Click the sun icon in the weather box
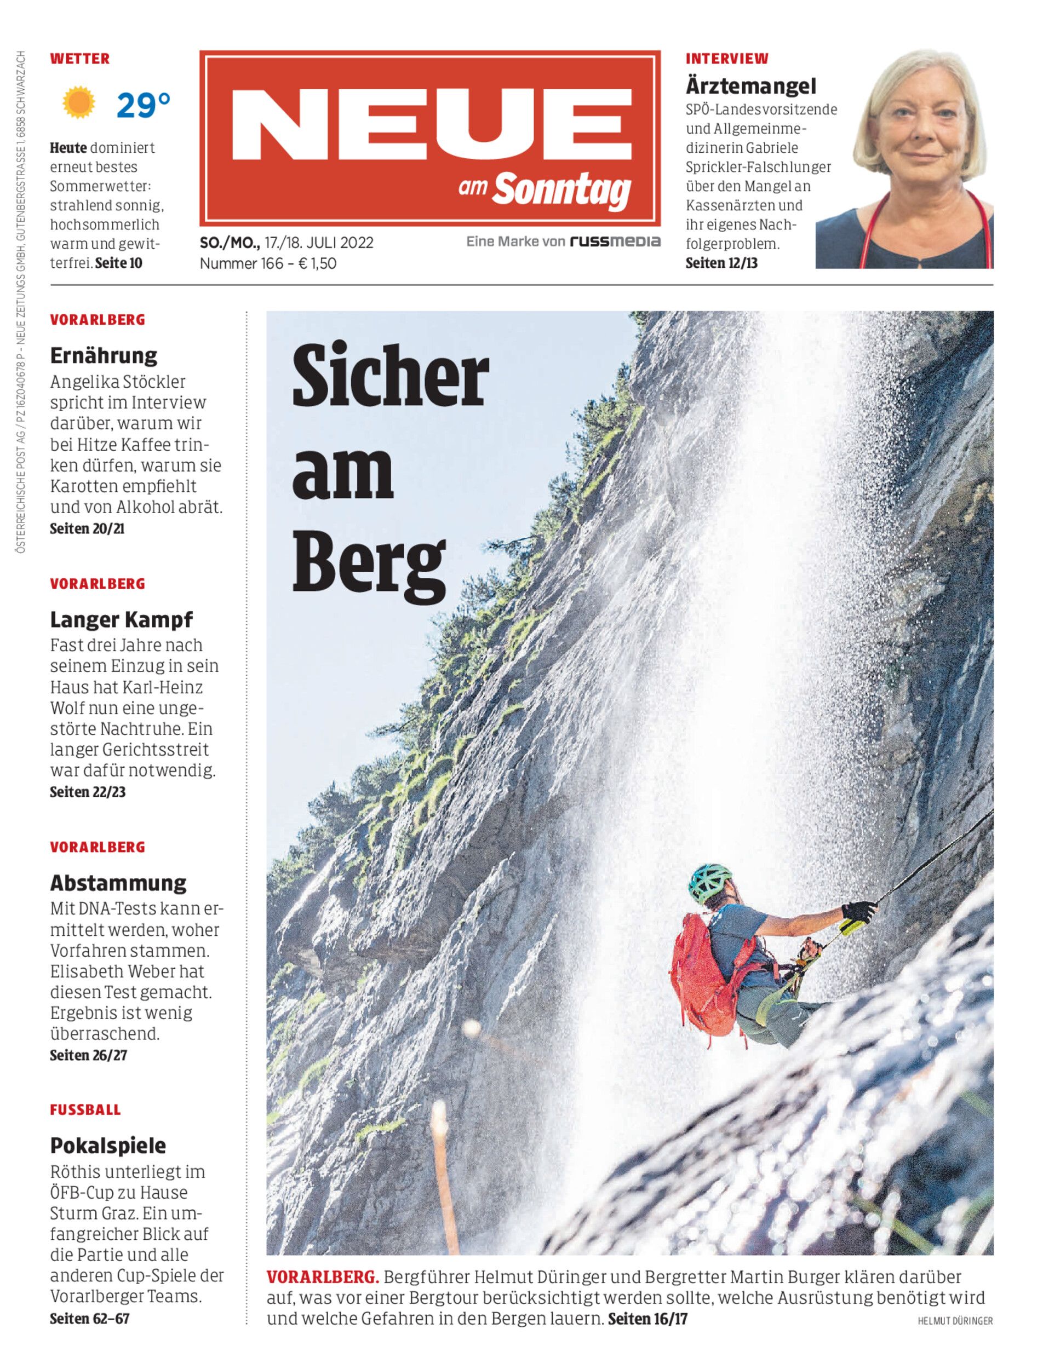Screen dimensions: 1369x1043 tap(79, 102)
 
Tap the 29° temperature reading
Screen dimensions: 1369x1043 tap(144, 104)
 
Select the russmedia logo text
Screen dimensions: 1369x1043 tap(615, 241)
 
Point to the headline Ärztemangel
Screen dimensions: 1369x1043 tap(750, 85)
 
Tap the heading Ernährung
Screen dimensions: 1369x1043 tap(103, 355)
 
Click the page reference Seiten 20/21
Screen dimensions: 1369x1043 tap(87, 529)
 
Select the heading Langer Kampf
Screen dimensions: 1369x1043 tap(121, 619)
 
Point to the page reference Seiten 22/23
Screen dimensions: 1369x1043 tap(88, 792)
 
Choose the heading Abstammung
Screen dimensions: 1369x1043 tap(118, 883)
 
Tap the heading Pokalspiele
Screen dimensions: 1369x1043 tap(108, 1146)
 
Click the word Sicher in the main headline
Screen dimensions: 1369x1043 tap(391, 377)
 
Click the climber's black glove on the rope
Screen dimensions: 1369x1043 tap(858, 912)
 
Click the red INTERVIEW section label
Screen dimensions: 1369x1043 tap(726, 59)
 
